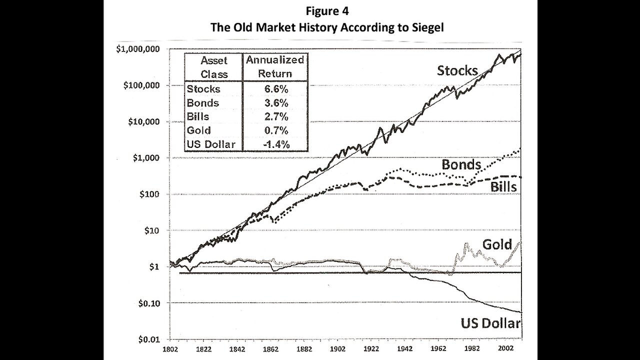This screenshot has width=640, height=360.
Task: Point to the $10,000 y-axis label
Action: pos(142,121)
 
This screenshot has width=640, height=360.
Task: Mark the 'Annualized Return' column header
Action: pos(274,66)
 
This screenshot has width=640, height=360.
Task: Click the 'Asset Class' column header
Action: pos(213,67)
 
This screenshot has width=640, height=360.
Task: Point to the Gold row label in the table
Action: pos(198,130)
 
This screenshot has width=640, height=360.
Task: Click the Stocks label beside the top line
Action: pos(457,71)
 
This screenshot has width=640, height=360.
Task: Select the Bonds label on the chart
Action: pos(461,164)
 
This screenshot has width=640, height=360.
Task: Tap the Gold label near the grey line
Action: pos(496,244)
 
